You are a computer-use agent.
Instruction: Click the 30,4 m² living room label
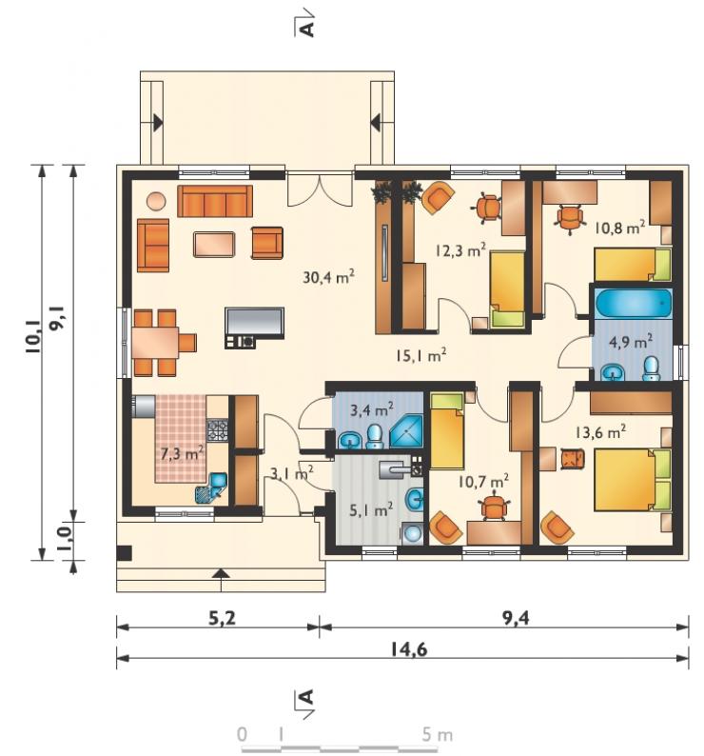[x=329, y=276]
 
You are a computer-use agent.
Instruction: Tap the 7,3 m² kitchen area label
[x=182, y=452]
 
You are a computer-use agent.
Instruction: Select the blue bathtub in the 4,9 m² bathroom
[x=634, y=304]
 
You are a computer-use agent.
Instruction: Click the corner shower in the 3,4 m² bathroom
[x=406, y=431]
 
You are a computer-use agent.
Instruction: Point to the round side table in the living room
[x=156, y=201]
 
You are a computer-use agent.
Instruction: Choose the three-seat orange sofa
[x=215, y=201]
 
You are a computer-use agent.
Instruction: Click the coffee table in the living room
[x=214, y=245]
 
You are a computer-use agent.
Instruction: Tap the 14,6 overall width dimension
[x=408, y=649]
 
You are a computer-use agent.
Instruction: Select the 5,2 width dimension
[x=222, y=618]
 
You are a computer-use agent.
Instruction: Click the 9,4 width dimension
[x=516, y=618]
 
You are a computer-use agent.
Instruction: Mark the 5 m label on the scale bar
[x=438, y=735]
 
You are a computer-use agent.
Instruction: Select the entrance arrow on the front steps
[x=221, y=573]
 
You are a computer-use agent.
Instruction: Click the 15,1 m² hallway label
[x=420, y=355]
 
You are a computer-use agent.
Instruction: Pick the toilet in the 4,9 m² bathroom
[x=652, y=368]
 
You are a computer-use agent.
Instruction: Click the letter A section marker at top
[x=306, y=29]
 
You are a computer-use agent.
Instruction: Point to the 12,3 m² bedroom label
[x=460, y=249]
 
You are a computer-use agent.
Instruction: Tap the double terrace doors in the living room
[x=320, y=189]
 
